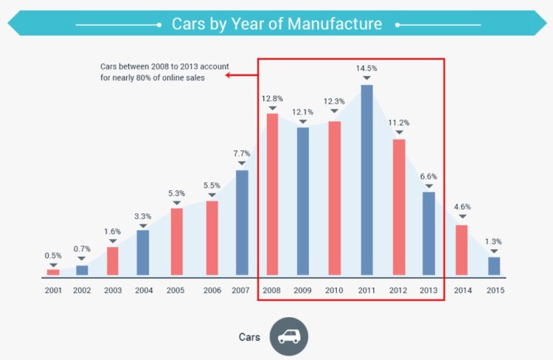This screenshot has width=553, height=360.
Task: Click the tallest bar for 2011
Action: [366, 180]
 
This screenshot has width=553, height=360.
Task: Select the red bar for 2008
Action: [272, 195]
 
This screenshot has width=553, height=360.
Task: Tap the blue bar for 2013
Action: [428, 235]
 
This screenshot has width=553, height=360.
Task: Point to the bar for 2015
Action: [494, 266]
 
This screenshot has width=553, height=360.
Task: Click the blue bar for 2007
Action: [242, 224]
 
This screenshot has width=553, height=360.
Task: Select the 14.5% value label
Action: [366, 69]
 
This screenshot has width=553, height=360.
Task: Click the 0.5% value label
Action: [53, 255]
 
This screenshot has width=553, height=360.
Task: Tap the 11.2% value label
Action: [399, 122]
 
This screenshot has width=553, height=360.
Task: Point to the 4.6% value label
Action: [462, 207]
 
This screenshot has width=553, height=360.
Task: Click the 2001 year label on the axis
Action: [53, 291]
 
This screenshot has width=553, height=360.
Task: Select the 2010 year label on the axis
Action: [335, 291]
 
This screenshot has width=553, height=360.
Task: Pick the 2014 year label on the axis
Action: [462, 291]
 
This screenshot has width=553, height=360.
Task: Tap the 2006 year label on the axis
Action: [212, 291]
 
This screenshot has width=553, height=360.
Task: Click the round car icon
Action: [288, 336]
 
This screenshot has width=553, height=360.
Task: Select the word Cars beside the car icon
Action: [249, 336]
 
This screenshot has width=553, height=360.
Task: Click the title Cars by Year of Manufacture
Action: [276, 24]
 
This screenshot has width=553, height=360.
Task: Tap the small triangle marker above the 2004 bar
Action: [143, 226]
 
